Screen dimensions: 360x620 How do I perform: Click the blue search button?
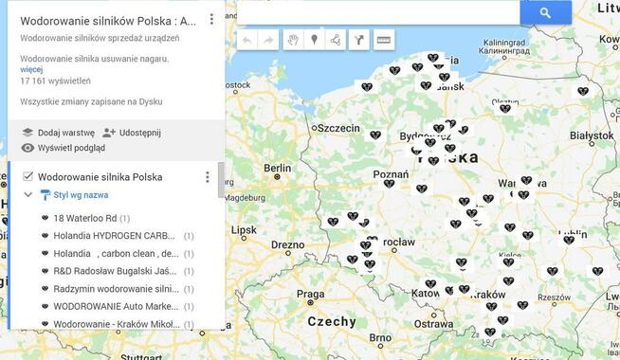(x=545, y=12)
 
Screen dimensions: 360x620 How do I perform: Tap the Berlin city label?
(x=278, y=168)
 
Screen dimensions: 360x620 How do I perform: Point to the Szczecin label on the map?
(x=338, y=128)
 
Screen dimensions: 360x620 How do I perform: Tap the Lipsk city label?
(x=244, y=229)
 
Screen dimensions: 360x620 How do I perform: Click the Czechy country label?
(x=332, y=321)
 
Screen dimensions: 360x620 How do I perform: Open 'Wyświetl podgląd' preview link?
(x=70, y=148)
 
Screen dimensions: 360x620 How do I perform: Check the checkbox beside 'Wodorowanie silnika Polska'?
(x=27, y=176)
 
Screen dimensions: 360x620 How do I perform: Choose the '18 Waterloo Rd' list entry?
(x=85, y=218)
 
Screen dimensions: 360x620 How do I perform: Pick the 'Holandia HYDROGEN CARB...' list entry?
(x=114, y=236)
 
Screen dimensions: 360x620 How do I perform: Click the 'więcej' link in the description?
(x=31, y=69)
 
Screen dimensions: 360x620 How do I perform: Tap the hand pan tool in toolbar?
(x=293, y=40)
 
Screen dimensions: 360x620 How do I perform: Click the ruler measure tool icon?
(x=383, y=40)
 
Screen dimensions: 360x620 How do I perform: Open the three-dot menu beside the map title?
(x=211, y=19)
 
